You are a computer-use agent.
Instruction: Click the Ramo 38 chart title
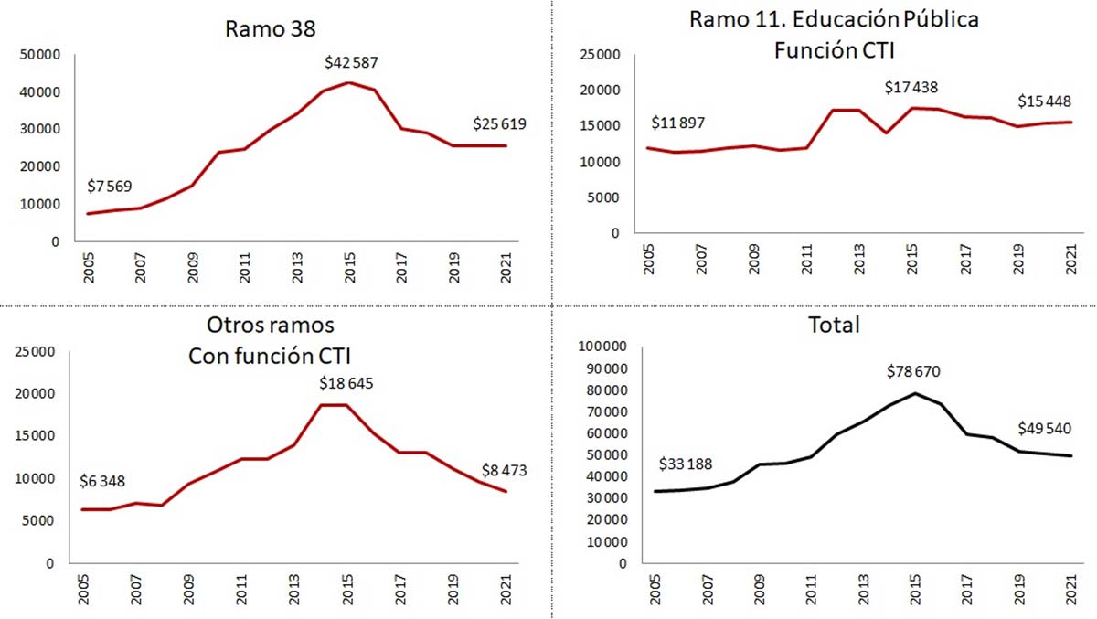point(271,28)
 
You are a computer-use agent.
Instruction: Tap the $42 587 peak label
point(351,63)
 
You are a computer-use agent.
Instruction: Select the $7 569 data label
point(110,187)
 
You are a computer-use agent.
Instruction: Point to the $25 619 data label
point(500,124)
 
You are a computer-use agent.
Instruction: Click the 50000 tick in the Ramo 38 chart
point(39,55)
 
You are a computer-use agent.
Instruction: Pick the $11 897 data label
point(678,123)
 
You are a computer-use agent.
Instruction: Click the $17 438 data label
point(911,88)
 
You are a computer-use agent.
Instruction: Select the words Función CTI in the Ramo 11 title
point(834,50)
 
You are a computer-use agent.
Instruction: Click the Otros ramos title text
point(270,326)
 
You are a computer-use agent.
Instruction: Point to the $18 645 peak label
point(346,382)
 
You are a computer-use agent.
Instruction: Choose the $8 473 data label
point(505,471)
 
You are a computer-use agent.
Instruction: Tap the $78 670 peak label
point(913,371)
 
